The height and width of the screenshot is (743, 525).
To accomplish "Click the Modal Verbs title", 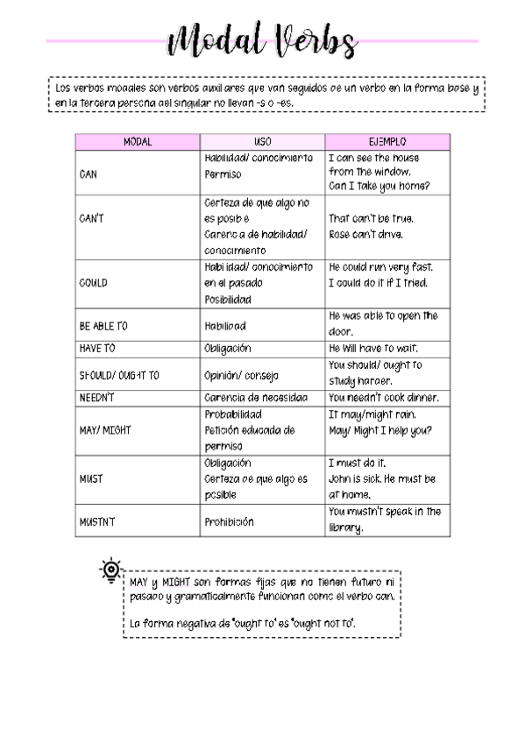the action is click(x=263, y=40).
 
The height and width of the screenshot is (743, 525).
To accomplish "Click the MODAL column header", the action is click(x=138, y=141).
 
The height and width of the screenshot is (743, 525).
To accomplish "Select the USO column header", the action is click(x=262, y=141).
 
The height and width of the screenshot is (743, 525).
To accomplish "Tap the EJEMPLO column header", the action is click(x=387, y=141).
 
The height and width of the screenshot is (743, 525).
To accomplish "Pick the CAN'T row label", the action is click(x=91, y=218).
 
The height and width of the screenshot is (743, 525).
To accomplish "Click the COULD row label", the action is click(x=93, y=283).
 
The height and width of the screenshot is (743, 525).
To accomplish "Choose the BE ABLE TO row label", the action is click(x=103, y=326).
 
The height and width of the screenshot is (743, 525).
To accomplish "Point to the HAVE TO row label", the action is click(x=97, y=348).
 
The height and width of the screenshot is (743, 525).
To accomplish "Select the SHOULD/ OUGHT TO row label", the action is click(x=119, y=375).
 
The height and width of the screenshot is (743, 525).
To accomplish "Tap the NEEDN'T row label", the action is click(x=96, y=398).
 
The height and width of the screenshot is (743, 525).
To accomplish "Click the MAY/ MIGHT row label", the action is click(x=105, y=430).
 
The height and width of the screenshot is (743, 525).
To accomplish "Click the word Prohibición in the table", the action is click(x=229, y=521).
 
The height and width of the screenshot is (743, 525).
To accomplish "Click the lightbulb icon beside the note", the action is click(x=110, y=570).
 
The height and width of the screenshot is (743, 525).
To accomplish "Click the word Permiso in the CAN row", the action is click(x=223, y=174).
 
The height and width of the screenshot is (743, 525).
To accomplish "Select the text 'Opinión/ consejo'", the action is click(x=241, y=375).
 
